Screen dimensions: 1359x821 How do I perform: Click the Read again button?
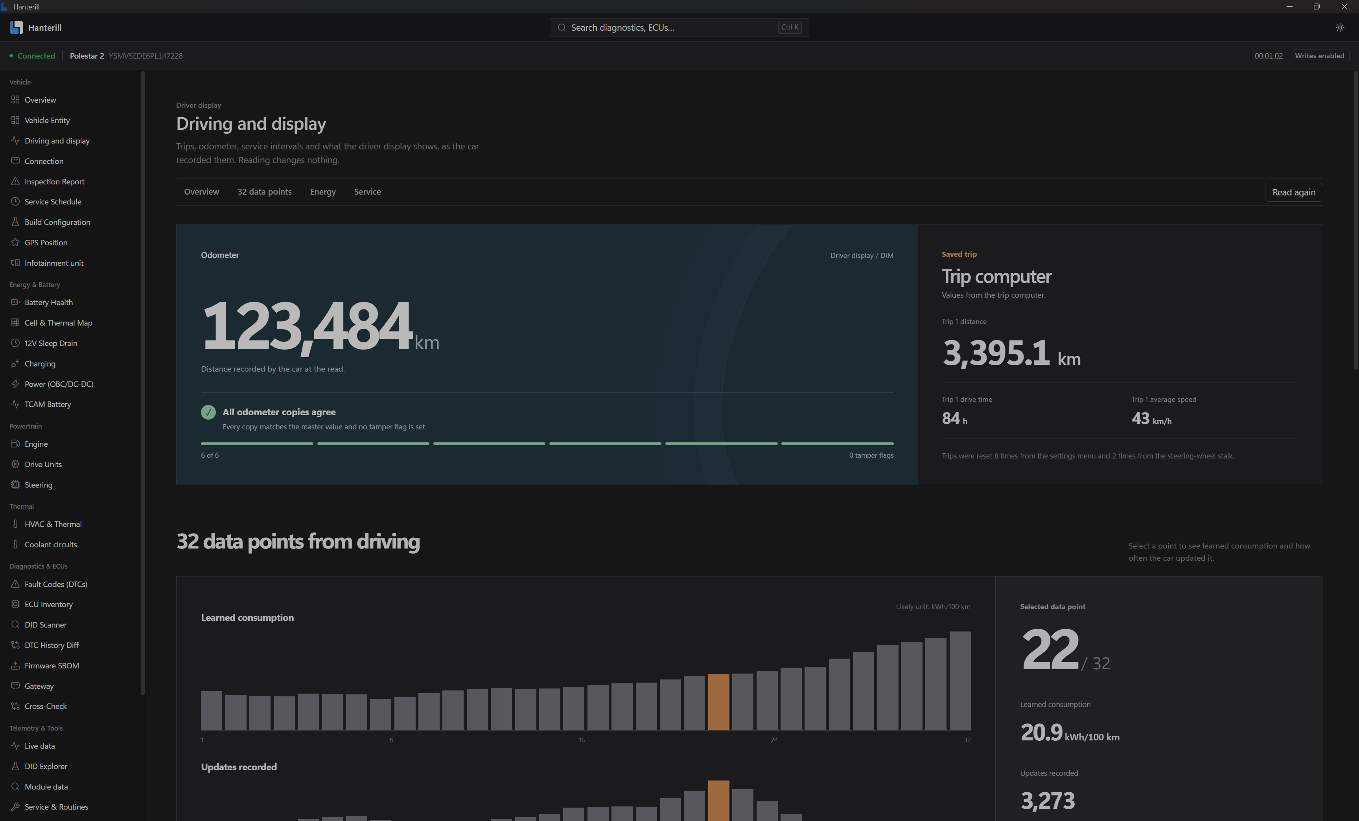click(1293, 192)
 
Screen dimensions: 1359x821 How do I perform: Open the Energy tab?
click(323, 192)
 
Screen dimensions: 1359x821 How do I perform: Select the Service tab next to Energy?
click(367, 192)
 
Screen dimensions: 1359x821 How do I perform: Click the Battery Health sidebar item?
click(48, 302)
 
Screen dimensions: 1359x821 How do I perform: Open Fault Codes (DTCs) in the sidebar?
click(56, 584)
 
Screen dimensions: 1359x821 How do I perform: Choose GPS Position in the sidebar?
click(46, 243)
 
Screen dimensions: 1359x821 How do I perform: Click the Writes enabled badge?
click(1319, 56)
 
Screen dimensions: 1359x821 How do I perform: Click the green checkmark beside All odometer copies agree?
click(208, 412)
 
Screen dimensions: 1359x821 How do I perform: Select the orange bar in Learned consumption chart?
click(718, 702)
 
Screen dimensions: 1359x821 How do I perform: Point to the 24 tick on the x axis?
click(774, 740)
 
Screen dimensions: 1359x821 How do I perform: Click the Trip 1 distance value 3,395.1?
click(996, 353)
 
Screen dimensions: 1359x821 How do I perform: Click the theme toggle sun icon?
click(1340, 28)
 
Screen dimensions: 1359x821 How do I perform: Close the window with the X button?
click(1344, 7)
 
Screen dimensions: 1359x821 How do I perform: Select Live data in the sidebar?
click(40, 746)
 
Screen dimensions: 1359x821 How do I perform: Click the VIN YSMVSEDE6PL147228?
click(145, 56)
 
